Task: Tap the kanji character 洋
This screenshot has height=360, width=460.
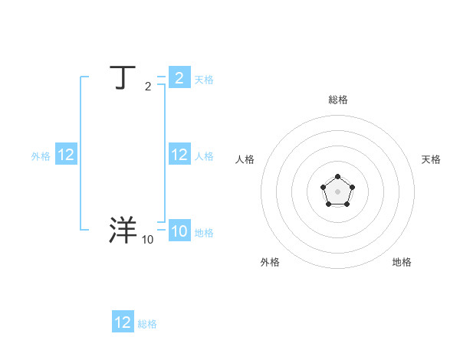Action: (123, 230)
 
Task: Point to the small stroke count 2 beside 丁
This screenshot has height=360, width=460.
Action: (148, 87)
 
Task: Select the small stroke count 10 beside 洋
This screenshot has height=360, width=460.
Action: (147, 240)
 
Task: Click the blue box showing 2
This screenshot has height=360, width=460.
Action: (179, 78)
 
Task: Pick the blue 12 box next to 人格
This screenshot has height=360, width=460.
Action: (179, 155)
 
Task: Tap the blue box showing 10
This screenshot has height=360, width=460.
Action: (179, 231)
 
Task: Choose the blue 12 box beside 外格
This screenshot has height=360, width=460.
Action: (66, 155)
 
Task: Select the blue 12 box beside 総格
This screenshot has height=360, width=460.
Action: (123, 322)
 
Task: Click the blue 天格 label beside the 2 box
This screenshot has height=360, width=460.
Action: (204, 80)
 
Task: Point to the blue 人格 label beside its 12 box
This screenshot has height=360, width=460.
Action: (204, 156)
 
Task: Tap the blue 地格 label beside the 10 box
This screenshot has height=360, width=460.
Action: (204, 233)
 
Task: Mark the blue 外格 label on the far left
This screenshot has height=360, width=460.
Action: (41, 156)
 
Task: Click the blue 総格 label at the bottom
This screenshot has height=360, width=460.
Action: (147, 324)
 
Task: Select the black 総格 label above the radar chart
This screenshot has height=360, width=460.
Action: (337, 100)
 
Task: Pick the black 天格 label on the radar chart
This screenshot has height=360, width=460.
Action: (432, 159)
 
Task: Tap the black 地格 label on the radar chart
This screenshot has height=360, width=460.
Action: (402, 262)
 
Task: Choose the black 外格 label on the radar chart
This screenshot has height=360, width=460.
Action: (270, 262)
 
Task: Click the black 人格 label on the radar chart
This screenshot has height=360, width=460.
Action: (245, 159)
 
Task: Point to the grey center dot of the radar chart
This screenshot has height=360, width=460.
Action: (337, 191)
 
